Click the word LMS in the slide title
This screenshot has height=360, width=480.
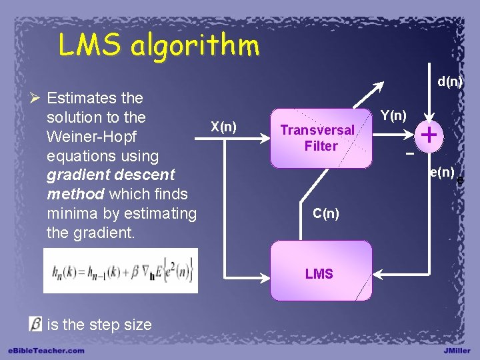pos(89,45)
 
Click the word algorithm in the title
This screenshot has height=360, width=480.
pos(195,45)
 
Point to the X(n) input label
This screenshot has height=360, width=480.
pos(223,127)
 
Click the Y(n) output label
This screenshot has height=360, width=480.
pos(394,115)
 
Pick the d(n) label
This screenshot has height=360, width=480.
pos(450,82)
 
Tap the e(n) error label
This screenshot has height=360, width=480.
pos(442,173)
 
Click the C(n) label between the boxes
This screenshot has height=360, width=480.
pos(326,213)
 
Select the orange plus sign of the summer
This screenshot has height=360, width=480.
pos(430,135)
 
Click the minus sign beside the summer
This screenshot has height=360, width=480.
pos(410,154)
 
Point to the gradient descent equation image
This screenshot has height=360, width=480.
pos(121,270)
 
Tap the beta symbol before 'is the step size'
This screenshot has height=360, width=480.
pos(35,324)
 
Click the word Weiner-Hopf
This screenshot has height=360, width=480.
pos(92,136)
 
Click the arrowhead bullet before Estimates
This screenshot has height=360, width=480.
pos(35,99)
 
